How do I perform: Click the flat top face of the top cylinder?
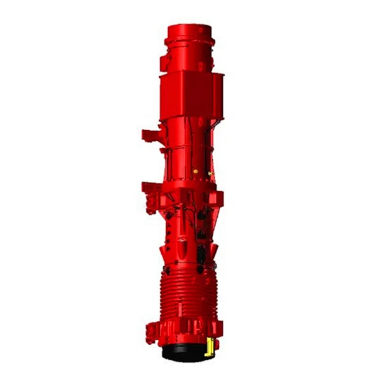coord(189,28)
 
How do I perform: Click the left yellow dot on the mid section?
coord(195,171)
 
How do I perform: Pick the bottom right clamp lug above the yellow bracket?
coord(217,328)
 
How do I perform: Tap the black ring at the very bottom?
coord(182,353)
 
